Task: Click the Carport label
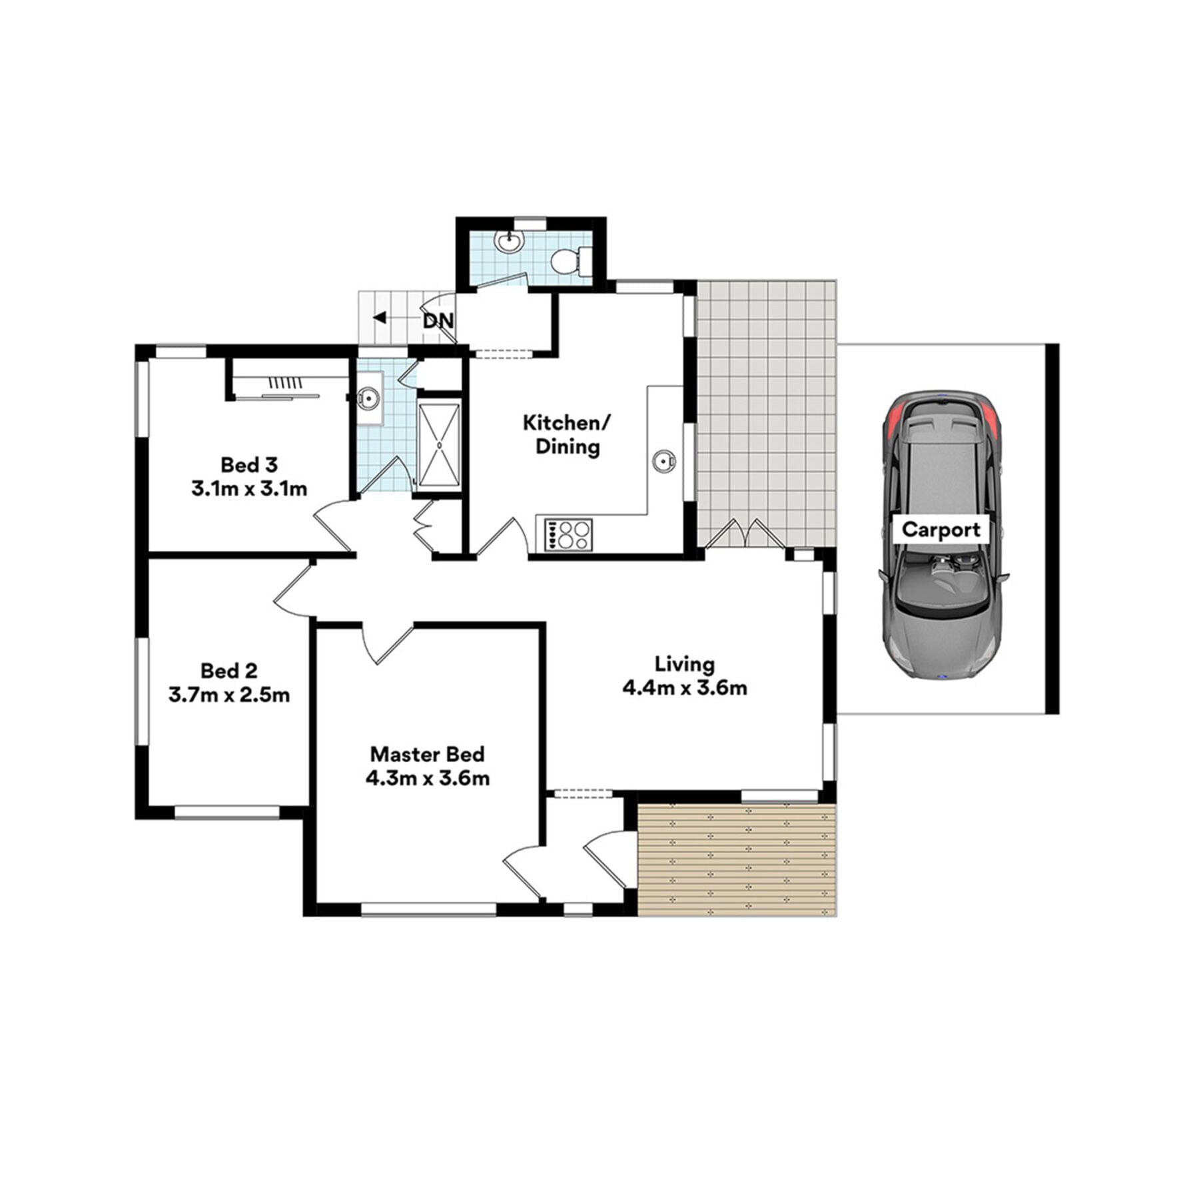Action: pyautogui.click(x=941, y=530)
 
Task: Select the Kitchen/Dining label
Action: pyautogui.click(x=567, y=434)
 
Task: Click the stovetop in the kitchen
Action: pyautogui.click(x=568, y=534)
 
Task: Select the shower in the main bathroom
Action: pyautogui.click(x=439, y=444)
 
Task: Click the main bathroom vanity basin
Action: pyautogui.click(x=368, y=399)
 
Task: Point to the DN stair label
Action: pyautogui.click(x=438, y=321)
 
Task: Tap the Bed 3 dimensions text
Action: pyautogui.click(x=249, y=489)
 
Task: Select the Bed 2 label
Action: pyautogui.click(x=228, y=670)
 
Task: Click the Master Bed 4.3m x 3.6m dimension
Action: pyautogui.click(x=428, y=777)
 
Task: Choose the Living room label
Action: pyautogui.click(x=685, y=663)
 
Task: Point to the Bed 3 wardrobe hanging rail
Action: pyautogui.click(x=277, y=396)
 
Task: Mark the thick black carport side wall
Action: pyautogui.click(x=1052, y=529)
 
